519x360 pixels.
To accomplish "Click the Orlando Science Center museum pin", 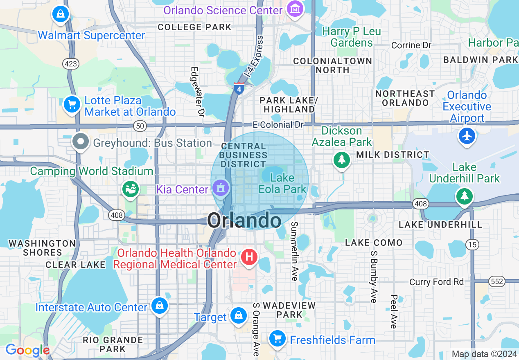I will click(295, 9).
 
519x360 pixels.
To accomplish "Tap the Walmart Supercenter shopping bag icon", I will click(61, 14).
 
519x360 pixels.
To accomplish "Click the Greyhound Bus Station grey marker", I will click(81, 142).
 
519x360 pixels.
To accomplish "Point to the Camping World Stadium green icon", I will click(131, 189).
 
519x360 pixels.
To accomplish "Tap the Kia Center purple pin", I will click(221, 188).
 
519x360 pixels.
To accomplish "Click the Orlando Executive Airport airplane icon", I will click(467, 135).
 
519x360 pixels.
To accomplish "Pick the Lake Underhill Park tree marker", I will click(464, 196).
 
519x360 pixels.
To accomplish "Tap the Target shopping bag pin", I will click(238, 316).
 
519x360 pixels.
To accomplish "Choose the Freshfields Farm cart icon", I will click(277, 338).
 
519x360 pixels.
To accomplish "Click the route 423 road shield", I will click(71, 64).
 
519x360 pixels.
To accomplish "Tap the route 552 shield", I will click(497, 281).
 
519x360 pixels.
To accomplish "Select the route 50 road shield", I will click(140, 126).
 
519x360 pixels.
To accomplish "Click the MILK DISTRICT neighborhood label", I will click(393, 155).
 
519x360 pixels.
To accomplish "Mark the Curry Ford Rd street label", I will click(437, 282).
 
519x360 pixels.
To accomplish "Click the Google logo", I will click(27, 350).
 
